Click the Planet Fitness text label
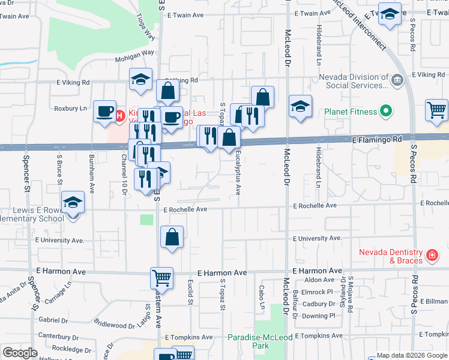pos(351,112)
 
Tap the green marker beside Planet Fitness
pos(386,112)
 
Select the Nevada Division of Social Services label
pos(353,81)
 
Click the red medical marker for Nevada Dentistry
pos(431,256)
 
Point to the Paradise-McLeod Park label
pos(260,342)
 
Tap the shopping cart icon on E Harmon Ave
pos(161,278)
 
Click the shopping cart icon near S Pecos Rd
pos(436,110)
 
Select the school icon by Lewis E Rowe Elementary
pos(73,203)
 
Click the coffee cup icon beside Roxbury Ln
pos(105,111)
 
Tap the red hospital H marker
pos(119,115)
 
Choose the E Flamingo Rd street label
pos(376,139)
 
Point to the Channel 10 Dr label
pos(124,178)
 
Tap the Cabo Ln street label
pos(262,297)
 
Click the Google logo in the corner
pos(20,353)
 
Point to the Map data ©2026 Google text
pos(412,356)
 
